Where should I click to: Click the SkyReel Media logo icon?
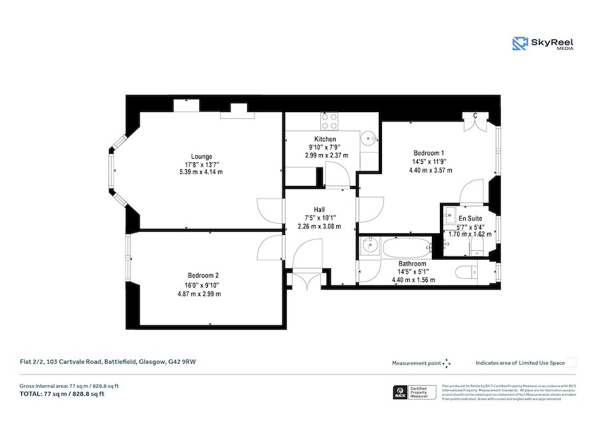pyautogui.click(x=520, y=44)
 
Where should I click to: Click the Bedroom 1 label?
pyautogui.click(x=429, y=153)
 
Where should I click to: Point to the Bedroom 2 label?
pyautogui.click(x=203, y=276)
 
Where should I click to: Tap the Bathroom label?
pyautogui.click(x=413, y=264)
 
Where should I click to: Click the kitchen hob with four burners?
pyautogui.click(x=328, y=121)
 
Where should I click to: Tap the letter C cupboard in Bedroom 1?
pyautogui.click(x=475, y=117)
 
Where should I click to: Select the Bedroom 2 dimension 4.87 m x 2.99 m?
pyautogui.click(x=203, y=292)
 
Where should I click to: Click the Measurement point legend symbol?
pyautogui.click(x=447, y=363)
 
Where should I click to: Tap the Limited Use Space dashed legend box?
pyautogui.click(x=571, y=363)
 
